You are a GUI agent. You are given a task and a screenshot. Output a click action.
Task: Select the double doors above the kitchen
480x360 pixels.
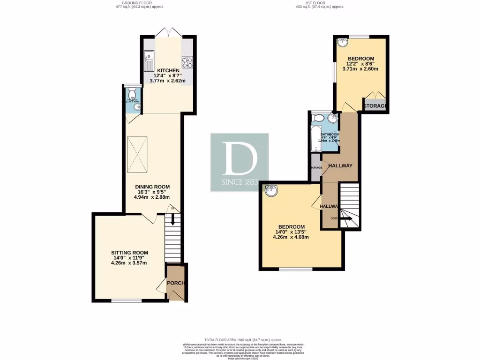[168, 32]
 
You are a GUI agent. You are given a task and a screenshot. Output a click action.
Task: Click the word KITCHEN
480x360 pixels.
[168, 71]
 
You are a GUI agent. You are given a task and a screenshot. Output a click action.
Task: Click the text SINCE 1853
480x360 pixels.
[240, 182]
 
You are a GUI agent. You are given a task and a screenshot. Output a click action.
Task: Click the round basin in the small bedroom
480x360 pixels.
[343, 43]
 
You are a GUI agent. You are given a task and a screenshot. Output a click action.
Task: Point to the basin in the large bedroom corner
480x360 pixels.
[270, 190]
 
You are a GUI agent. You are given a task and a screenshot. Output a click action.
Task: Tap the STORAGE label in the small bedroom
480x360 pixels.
[375, 106]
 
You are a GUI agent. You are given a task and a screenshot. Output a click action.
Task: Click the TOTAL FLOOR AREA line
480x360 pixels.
[240, 339]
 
